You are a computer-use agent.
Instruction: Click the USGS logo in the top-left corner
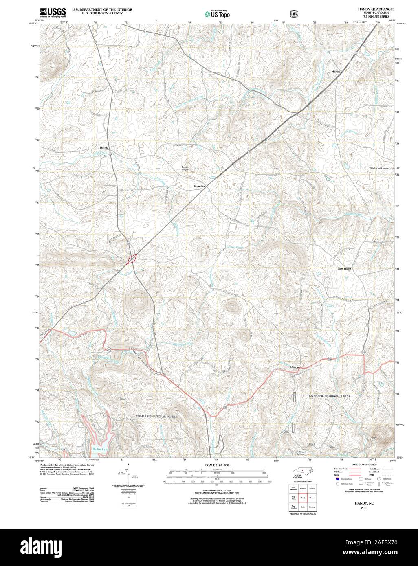53,12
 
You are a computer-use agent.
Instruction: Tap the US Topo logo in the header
218,13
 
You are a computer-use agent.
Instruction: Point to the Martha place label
336,72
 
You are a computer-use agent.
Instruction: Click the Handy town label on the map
104,147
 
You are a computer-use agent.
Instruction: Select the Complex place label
199,186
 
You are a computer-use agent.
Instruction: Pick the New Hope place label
344,269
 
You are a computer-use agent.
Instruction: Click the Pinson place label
295,368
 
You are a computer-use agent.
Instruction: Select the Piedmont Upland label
379,168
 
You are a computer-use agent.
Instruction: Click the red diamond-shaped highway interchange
132,259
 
